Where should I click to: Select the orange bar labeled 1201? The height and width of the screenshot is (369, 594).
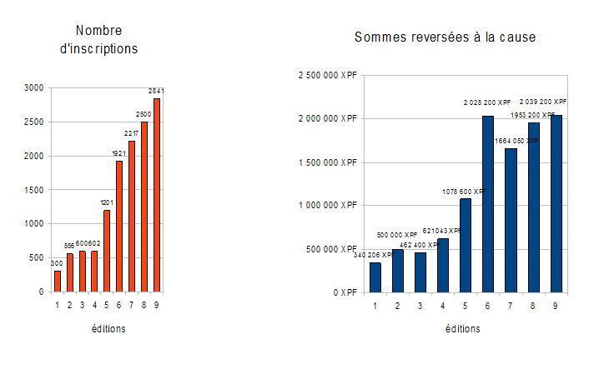pyautogui.click(x=107, y=251)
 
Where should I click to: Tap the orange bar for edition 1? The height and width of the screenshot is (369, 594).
pyautogui.click(x=58, y=281)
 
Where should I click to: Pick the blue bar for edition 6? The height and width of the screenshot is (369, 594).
pyautogui.click(x=489, y=204)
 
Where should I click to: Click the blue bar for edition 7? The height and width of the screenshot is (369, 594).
pyautogui.click(x=511, y=220)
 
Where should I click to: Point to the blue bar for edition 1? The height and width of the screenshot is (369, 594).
pyautogui.click(x=375, y=277)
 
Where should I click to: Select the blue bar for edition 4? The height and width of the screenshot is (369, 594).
pyautogui.click(x=443, y=265)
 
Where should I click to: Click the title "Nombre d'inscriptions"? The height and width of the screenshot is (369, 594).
pyautogui.click(x=98, y=40)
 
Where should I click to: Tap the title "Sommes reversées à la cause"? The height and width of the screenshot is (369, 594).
pyautogui.click(x=445, y=37)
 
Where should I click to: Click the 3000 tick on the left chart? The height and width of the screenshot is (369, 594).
pyautogui.click(x=33, y=87)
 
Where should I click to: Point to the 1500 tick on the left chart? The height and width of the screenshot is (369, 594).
pyautogui.click(x=33, y=190)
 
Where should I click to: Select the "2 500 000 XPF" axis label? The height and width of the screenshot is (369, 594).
pyautogui.click(x=326, y=76)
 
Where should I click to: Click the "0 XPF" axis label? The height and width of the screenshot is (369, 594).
pyautogui.click(x=344, y=292)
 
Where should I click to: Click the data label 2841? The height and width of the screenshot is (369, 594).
pyautogui.click(x=156, y=90)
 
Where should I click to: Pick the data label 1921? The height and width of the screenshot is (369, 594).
pyautogui.click(x=118, y=152)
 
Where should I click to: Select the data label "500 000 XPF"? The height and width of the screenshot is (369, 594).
pyautogui.click(x=397, y=236)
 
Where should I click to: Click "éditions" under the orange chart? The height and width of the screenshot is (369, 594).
pyautogui.click(x=108, y=329)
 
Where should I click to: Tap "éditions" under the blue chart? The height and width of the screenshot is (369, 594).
pyautogui.click(x=462, y=329)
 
